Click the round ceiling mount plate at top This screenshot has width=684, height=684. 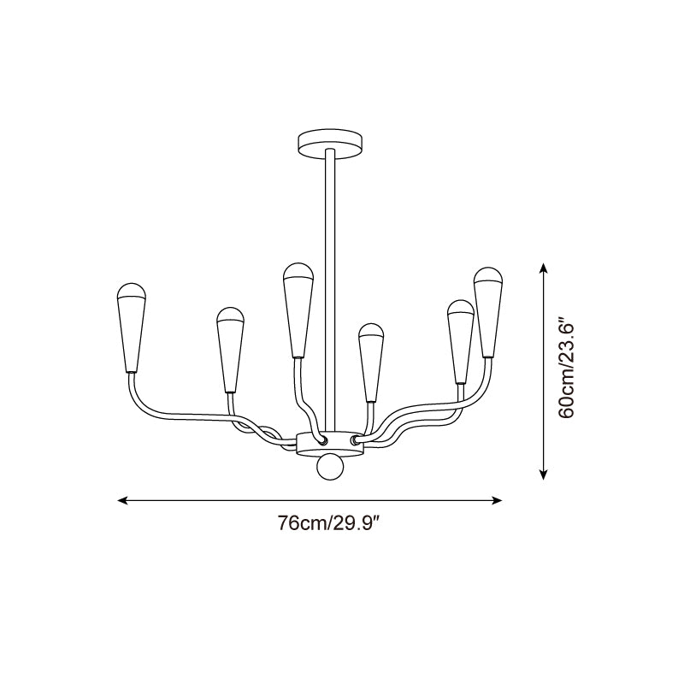coord(331,143)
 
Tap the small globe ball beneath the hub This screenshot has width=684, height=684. coord(330,468)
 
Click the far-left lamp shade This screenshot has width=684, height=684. coord(131,327)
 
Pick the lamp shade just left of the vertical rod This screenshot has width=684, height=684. coord(298,310)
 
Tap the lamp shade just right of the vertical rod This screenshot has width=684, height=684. coord(371,363)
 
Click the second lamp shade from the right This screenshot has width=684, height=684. coord(461,341)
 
